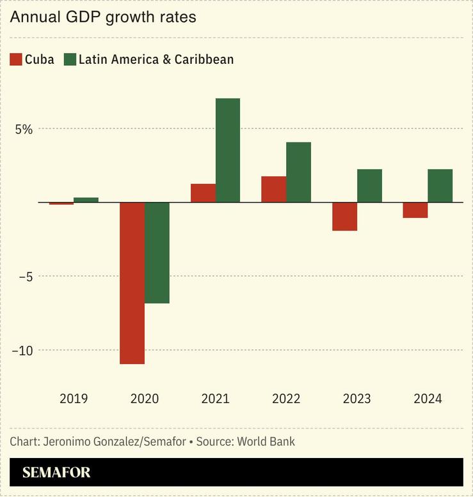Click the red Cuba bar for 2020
132,283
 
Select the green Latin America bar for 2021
228,150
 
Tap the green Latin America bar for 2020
157,252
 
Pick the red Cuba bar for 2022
274,189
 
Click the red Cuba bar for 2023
345,217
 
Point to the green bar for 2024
440,186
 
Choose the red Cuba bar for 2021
203,193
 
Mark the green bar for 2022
298,172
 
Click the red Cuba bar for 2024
415,210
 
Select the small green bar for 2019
86,200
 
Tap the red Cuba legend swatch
16,60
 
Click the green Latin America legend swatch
69,60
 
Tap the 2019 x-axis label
74,399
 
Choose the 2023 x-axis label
357,399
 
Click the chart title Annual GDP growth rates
103,17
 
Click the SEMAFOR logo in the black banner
56,473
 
